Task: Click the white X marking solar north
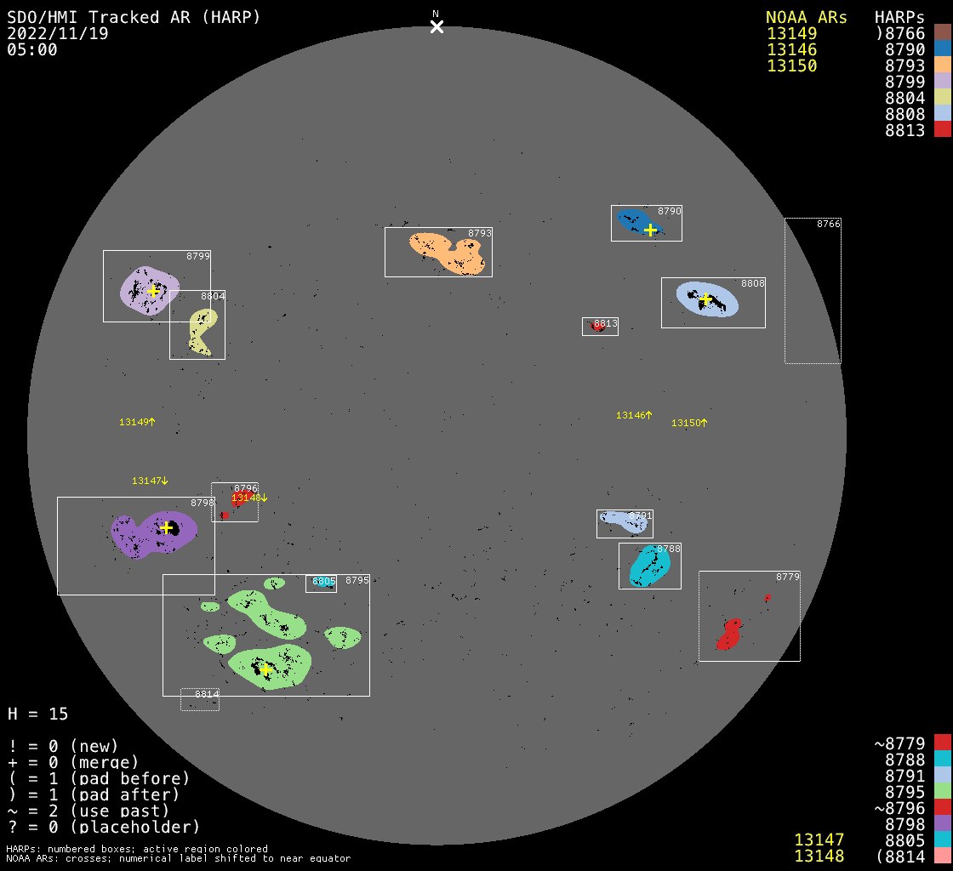[x=437, y=26]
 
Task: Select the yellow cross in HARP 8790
[x=650, y=230]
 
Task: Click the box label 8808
[x=753, y=283]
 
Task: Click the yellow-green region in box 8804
[x=202, y=330]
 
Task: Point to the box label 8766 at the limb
[x=828, y=224]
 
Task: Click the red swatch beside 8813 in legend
[x=942, y=129]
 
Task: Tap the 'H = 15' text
[x=37, y=714]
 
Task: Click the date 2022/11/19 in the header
[x=58, y=33]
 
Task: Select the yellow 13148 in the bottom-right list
[x=819, y=856]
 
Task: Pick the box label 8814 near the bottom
[x=207, y=695]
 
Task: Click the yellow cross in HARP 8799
[x=153, y=291]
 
